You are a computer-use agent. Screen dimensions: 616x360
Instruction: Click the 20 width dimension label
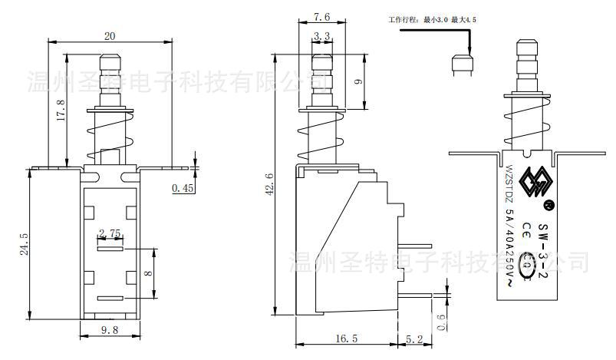click(x=110, y=36)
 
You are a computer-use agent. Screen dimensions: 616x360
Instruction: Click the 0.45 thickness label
click(x=183, y=187)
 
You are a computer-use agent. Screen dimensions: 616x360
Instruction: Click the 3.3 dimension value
click(x=322, y=36)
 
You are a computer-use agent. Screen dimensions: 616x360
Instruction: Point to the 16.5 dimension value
click(x=347, y=338)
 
